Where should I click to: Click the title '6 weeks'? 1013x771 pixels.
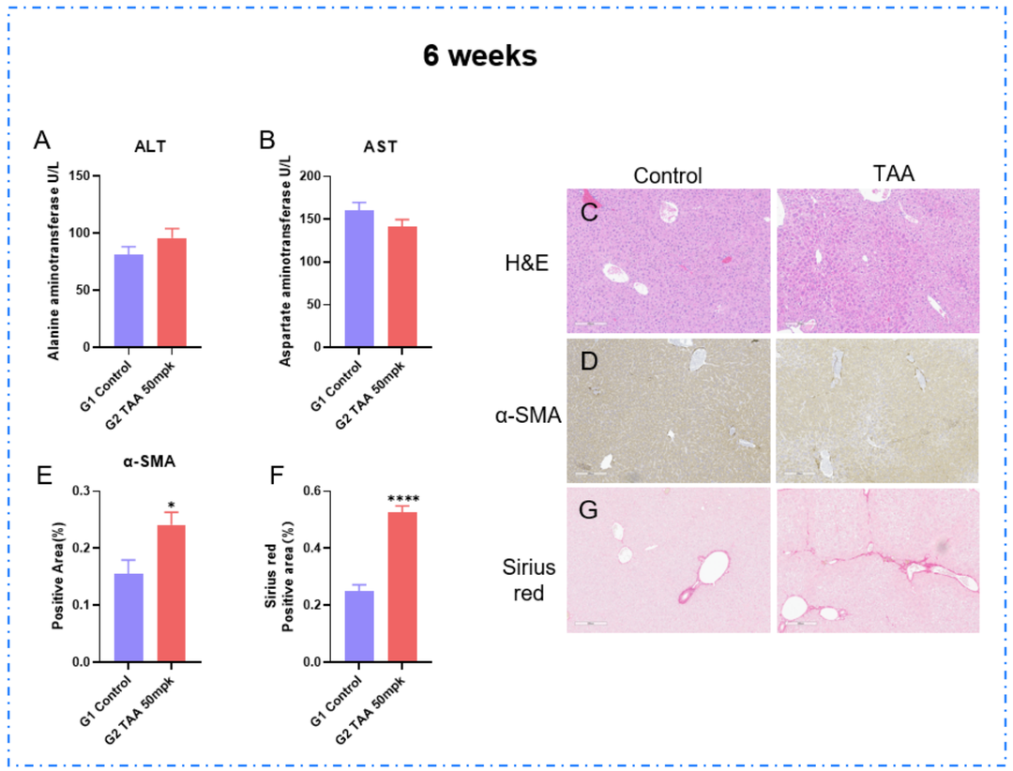(x=479, y=55)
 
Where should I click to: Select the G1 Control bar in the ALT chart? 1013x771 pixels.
(x=129, y=300)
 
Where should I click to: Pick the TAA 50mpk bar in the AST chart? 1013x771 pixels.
(x=401, y=286)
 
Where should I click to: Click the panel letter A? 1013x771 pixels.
(x=41, y=142)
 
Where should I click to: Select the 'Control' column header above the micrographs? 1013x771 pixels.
(x=667, y=175)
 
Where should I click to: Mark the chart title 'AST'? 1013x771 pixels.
(x=380, y=147)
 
